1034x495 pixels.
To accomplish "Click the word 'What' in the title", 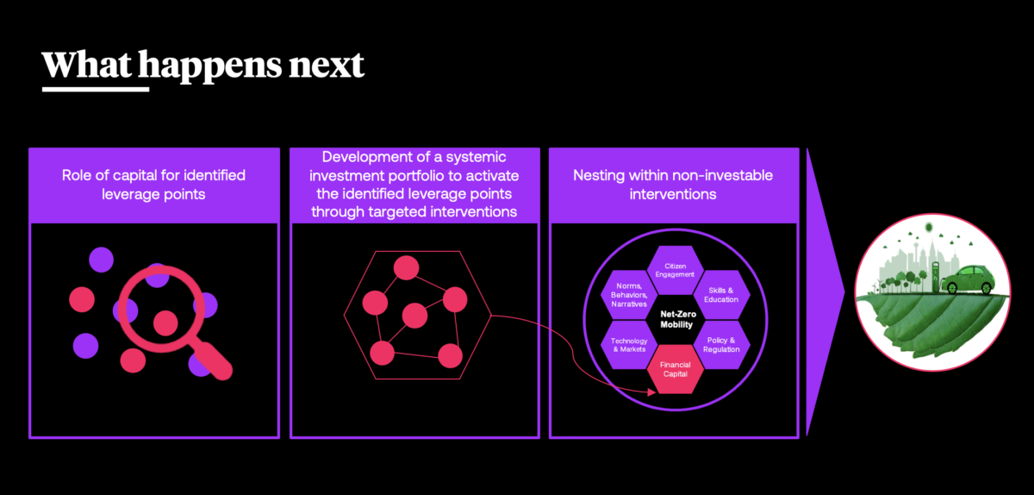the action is pyautogui.click(x=86, y=65).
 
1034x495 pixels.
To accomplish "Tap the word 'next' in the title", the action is pyautogui.click(x=327, y=66).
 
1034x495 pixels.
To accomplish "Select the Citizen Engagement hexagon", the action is pyautogui.click(x=675, y=270).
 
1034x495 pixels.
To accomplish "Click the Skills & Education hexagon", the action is pyautogui.click(x=721, y=295).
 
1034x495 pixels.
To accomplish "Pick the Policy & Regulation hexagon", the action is pyautogui.click(x=721, y=345).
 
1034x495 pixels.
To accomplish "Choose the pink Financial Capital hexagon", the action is pyautogui.click(x=675, y=369).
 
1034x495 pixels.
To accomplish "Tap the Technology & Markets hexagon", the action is pyautogui.click(x=629, y=345).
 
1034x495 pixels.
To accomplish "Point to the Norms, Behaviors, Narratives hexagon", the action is pyautogui.click(x=629, y=295).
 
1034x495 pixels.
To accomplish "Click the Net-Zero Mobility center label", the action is pyautogui.click(x=676, y=319).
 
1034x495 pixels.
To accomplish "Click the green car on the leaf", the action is pyautogui.click(x=969, y=279).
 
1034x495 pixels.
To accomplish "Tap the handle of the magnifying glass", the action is pyautogui.click(x=211, y=360).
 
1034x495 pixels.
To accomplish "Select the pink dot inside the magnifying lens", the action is pyautogui.click(x=165, y=323).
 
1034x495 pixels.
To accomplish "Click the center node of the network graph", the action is pyautogui.click(x=414, y=316).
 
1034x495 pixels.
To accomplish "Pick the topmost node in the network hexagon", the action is pyautogui.click(x=406, y=267).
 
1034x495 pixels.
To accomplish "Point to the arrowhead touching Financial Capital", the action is pyautogui.click(x=651, y=392).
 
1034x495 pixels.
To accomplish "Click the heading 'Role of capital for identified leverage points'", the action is pyautogui.click(x=153, y=185).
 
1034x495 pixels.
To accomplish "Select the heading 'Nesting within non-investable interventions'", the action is pyautogui.click(x=673, y=185).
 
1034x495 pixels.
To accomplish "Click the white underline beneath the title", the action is pyautogui.click(x=96, y=89).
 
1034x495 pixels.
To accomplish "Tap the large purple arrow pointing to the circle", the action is pyautogui.click(x=823, y=292).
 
